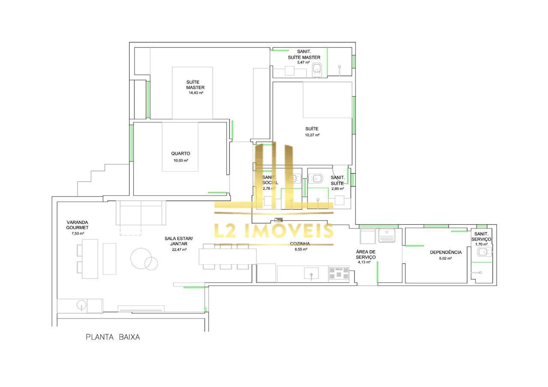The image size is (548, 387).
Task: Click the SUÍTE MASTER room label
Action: pos(195,85)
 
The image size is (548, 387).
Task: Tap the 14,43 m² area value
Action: pos(196,93)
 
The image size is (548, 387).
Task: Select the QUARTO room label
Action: pos(181,154)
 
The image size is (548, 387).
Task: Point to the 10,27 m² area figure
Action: pos(312,135)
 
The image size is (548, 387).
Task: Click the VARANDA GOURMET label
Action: pos(77,225)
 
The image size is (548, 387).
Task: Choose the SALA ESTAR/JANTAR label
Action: pos(179,241)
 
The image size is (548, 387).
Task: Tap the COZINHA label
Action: pos(300,244)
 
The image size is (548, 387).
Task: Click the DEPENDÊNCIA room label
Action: pos(446,253)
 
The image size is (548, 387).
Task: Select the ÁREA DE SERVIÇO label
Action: pos(366,254)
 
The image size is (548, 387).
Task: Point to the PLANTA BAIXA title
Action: pos(113,337)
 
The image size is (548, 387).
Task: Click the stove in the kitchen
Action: pos(339,274)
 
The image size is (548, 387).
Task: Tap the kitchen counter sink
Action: pos(311,273)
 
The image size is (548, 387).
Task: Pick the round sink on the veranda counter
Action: pos(81,305)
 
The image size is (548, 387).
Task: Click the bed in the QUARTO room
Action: pos(180,147)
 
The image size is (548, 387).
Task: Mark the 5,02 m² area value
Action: pos(446,259)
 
